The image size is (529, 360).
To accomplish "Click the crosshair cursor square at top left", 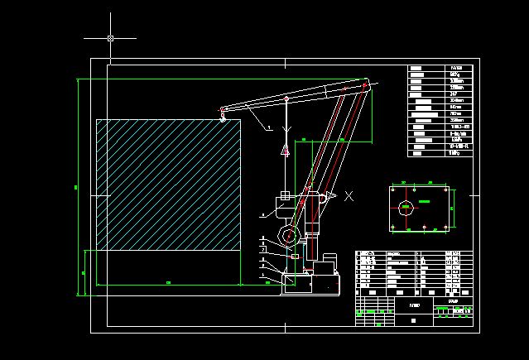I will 110,38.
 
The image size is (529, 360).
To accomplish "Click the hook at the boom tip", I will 222,117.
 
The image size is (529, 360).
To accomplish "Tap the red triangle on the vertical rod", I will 285,150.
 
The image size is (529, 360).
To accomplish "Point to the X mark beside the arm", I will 349,196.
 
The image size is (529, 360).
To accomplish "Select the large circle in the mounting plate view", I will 406,208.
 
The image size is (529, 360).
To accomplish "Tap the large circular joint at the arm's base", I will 288,237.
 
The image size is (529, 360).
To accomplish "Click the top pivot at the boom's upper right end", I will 364,82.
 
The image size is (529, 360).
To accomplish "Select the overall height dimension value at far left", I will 75,187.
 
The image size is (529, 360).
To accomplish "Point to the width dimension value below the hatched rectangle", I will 169,283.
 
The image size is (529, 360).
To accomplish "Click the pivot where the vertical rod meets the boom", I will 286,98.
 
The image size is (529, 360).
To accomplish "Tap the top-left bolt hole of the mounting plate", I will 392,190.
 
